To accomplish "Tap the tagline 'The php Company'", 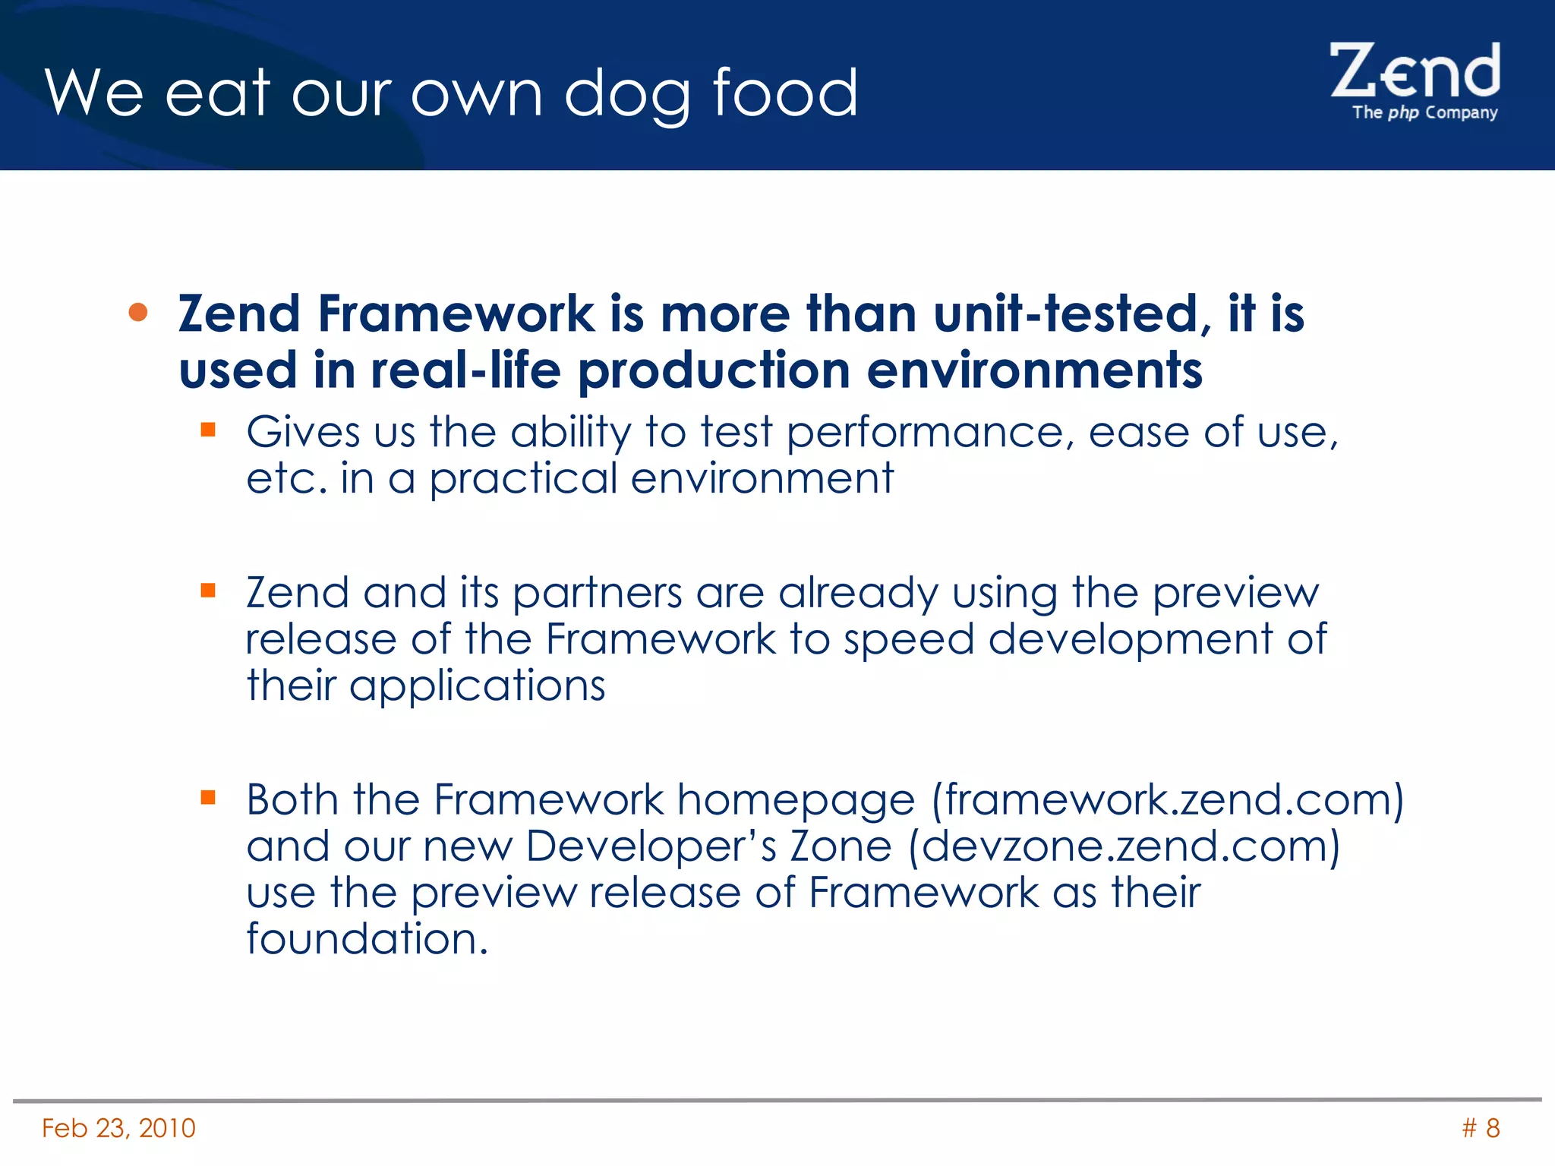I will [1424, 113].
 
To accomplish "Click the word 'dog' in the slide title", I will [627, 94].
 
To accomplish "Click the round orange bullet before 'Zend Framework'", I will [138, 313].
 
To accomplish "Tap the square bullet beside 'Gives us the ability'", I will [208, 430].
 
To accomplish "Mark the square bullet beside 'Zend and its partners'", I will [208, 590].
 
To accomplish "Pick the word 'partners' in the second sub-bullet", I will [597, 593].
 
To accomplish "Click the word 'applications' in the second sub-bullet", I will [477, 686].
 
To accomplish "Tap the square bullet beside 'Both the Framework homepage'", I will [208, 797].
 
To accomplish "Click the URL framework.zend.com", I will [1168, 800].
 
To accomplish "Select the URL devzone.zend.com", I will [1124, 846].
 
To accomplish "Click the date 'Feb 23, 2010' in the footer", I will [118, 1128].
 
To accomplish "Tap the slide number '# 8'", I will [1481, 1128].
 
